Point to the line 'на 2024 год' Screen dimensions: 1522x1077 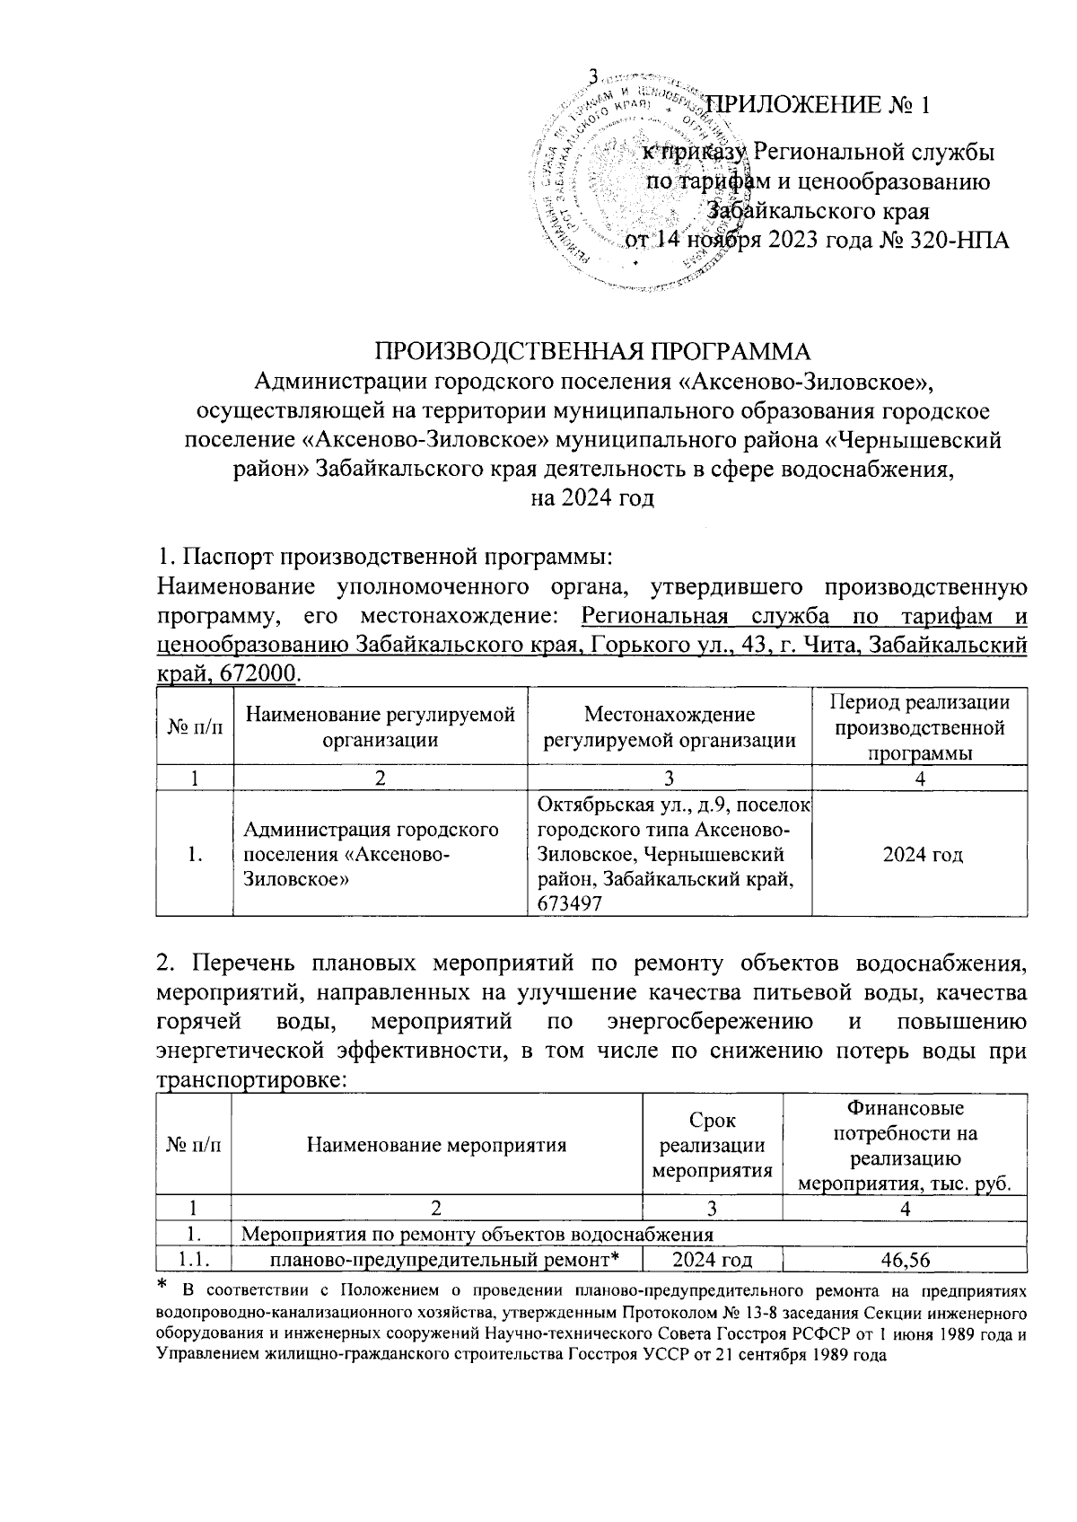point(591,497)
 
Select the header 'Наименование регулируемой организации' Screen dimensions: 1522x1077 point(381,727)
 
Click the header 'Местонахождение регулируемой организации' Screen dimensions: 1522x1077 point(670,727)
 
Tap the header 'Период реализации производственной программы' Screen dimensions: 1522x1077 point(921,727)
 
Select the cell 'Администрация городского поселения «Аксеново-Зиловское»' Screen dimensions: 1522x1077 point(371,854)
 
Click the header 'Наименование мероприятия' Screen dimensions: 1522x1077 point(436,1145)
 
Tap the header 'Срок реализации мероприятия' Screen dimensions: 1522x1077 point(712,1145)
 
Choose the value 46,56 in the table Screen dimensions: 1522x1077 point(905,1261)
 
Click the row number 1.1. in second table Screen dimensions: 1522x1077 point(194,1261)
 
